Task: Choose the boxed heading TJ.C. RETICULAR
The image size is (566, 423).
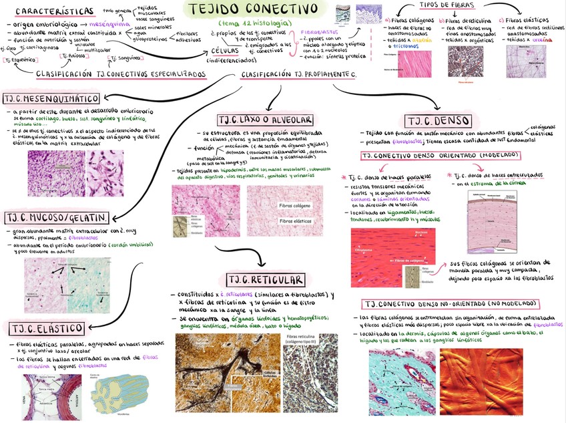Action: (266, 279)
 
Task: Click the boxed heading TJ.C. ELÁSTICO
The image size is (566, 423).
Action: (47, 327)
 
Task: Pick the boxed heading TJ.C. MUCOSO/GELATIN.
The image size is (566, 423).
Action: (57, 219)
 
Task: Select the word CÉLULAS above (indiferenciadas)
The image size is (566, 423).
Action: (224, 51)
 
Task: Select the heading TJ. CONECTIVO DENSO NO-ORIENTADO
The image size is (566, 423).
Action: (443, 303)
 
